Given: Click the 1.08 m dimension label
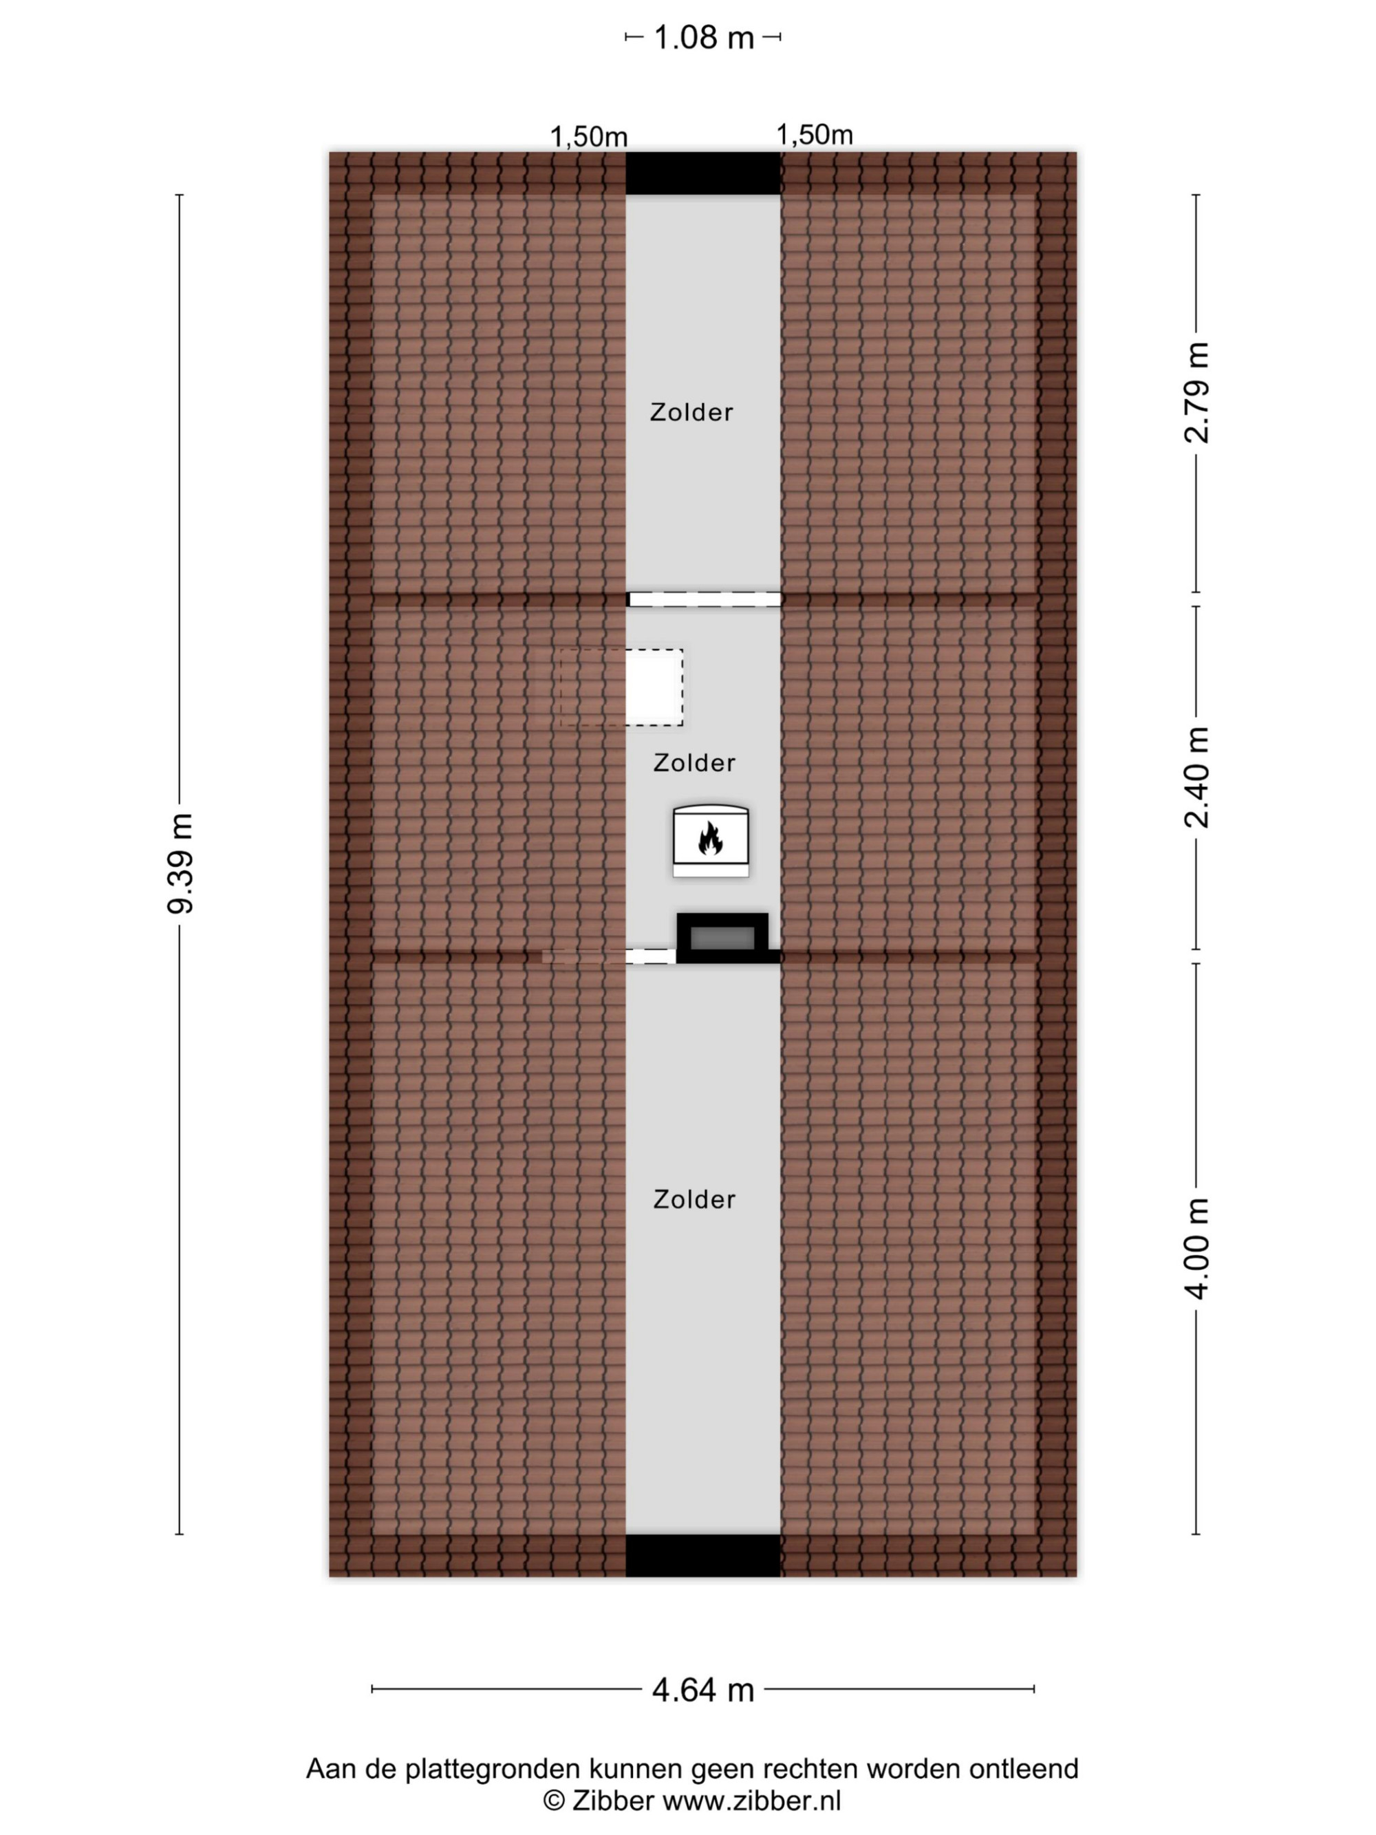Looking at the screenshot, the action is [x=703, y=38].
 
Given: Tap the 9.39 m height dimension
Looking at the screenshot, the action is [x=180, y=863].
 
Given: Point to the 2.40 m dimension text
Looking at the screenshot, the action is [x=1196, y=777].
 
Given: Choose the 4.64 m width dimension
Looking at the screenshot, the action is [x=703, y=1690].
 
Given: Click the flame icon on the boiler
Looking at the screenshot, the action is [x=710, y=838].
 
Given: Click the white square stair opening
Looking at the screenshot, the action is [x=654, y=687].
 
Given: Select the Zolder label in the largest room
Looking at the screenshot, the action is [x=694, y=1199].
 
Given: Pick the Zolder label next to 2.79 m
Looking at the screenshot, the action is [x=691, y=412].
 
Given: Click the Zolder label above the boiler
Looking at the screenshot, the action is [x=694, y=763].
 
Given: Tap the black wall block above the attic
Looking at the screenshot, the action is [x=703, y=173].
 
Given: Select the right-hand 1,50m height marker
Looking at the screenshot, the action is [x=815, y=134].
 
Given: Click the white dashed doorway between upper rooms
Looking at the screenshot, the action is [x=705, y=599].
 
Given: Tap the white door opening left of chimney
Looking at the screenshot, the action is [x=651, y=956].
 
